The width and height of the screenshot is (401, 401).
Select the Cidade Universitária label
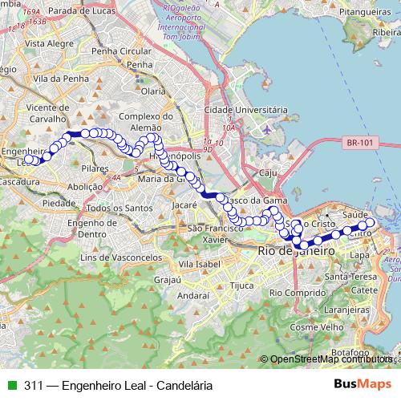(x=246, y=108)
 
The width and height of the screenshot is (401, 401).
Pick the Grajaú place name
(x=167, y=280)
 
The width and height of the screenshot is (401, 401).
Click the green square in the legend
(x=11, y=385)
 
